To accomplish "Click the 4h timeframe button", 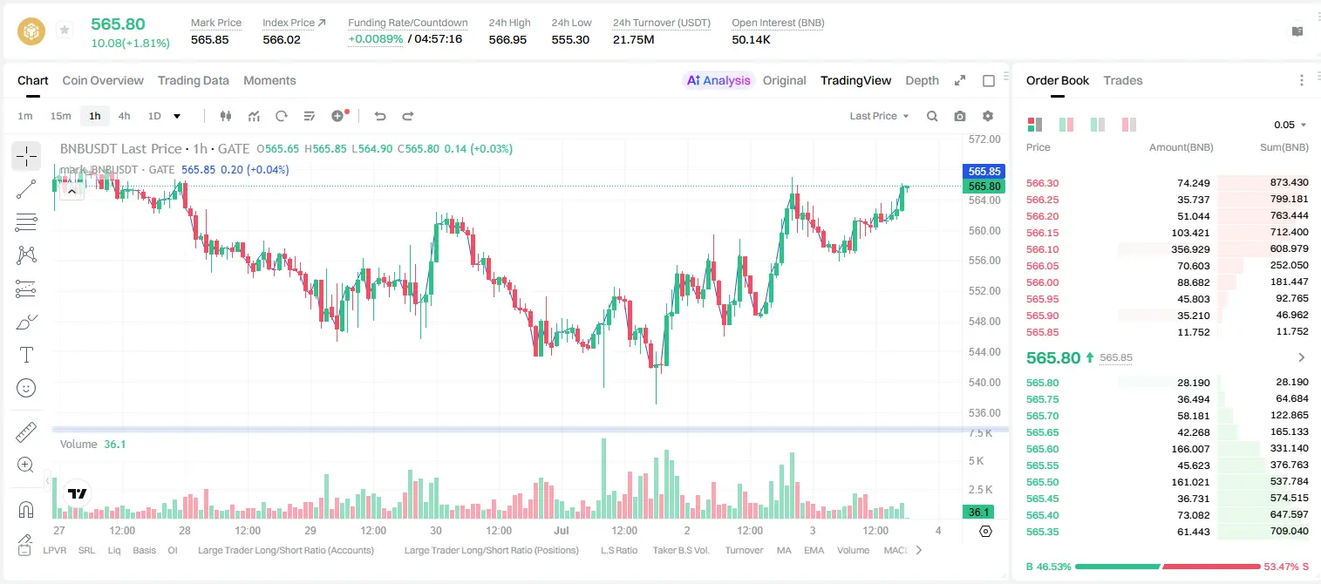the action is tap(124, 116).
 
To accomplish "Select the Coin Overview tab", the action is tap(103, 80).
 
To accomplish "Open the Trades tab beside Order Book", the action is tap(1122, 80).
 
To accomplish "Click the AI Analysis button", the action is tap(718, 80).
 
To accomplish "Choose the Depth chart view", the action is tap(922, 80).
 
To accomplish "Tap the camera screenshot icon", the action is tap(959, 116).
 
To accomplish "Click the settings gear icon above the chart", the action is tap(988, 116).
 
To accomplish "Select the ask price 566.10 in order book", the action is tap(1042, 249).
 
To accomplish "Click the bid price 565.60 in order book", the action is tap(1042, 449).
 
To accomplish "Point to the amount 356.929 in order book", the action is tap(1190, 249).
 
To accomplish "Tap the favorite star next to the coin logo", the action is tap(65, 30).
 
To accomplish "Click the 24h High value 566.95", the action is tap(507, 39).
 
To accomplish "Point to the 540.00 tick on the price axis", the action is tap(984, 382).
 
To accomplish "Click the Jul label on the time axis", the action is tap(561, 530).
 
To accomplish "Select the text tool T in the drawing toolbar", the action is tap(26, 355).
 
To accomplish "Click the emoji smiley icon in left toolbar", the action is tap(26, 388).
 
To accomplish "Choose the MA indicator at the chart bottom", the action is tap(784, 550).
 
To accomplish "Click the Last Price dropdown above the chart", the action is tap(879, 116).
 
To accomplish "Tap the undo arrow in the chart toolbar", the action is tap(380, 116).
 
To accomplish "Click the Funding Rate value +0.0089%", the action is tap(375, 39).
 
